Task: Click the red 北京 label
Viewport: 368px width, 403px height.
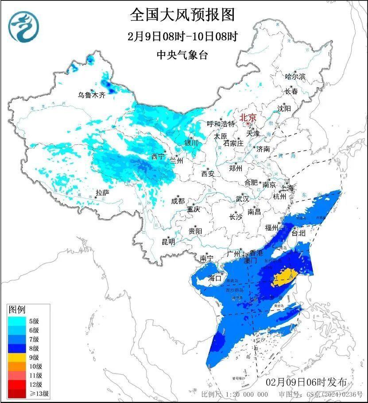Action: tap(248, 118)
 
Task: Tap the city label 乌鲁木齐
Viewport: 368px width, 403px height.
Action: tap(92, 95)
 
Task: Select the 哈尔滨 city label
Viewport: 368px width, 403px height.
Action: tap(295, 77)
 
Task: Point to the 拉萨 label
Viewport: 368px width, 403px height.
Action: tap(102, 193)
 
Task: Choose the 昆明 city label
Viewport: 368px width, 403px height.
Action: tap(168, 242)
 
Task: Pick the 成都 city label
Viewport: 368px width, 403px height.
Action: tap(178, 201)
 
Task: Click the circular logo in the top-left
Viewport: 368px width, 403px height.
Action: tap(24, 27)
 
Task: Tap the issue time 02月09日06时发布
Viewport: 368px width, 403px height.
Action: tap(306, 382)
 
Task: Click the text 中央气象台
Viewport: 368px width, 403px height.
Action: tap(182, 55)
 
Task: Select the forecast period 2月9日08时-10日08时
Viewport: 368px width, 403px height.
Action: tap(182, 37)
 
